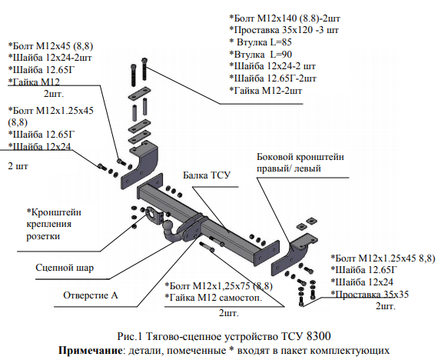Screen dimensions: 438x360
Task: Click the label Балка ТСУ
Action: [207, 175]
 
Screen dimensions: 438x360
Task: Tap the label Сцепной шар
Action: [65, 268]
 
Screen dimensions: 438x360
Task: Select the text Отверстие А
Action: [91, 295]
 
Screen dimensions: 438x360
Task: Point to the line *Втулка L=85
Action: [260, 42]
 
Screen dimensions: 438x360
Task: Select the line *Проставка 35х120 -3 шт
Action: [284, 30]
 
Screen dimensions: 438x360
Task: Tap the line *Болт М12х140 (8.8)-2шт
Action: [284, 18]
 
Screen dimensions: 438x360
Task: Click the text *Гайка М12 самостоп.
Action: [214, 298]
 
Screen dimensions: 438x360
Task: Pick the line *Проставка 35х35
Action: [370, 295]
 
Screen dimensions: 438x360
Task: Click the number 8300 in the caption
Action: [318, 336]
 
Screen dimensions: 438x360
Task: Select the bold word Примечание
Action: [90, 350]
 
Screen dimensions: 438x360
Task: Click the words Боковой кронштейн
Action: [300, 157]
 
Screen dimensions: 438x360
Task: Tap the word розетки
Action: [43, 236]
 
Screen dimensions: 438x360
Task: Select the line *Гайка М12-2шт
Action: [265, 91]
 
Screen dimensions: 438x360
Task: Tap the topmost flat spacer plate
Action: [139, 94]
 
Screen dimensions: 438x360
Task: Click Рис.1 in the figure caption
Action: [130, 336]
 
